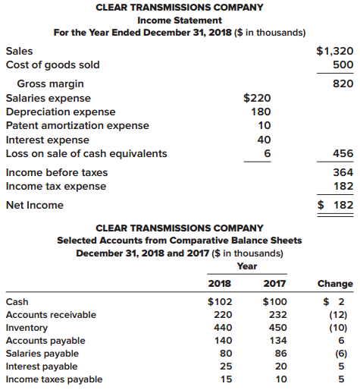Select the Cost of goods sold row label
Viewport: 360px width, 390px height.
[x=52, y=64]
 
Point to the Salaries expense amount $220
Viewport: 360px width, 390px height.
[x=257, y=98]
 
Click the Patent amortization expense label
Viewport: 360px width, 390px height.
[x=77, y=125]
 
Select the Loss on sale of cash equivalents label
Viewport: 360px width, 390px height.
[x=86, y=153]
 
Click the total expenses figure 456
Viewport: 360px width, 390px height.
[x=343, y=153]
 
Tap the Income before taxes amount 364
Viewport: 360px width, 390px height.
[x=343, y=172]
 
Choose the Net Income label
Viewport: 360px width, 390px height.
[x=35, y=205]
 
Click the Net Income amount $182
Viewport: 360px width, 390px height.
[x=335, y=205]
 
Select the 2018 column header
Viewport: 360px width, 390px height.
[x=220, y=284]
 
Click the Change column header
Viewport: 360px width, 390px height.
[x=336, y=284]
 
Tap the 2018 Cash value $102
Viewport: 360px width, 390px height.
[x=220, y=301]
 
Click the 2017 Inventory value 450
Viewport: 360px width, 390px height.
[x=277, y=328]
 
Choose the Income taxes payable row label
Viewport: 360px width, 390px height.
[x=54, y=379]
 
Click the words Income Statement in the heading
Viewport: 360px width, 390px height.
[x=180, y=20]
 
